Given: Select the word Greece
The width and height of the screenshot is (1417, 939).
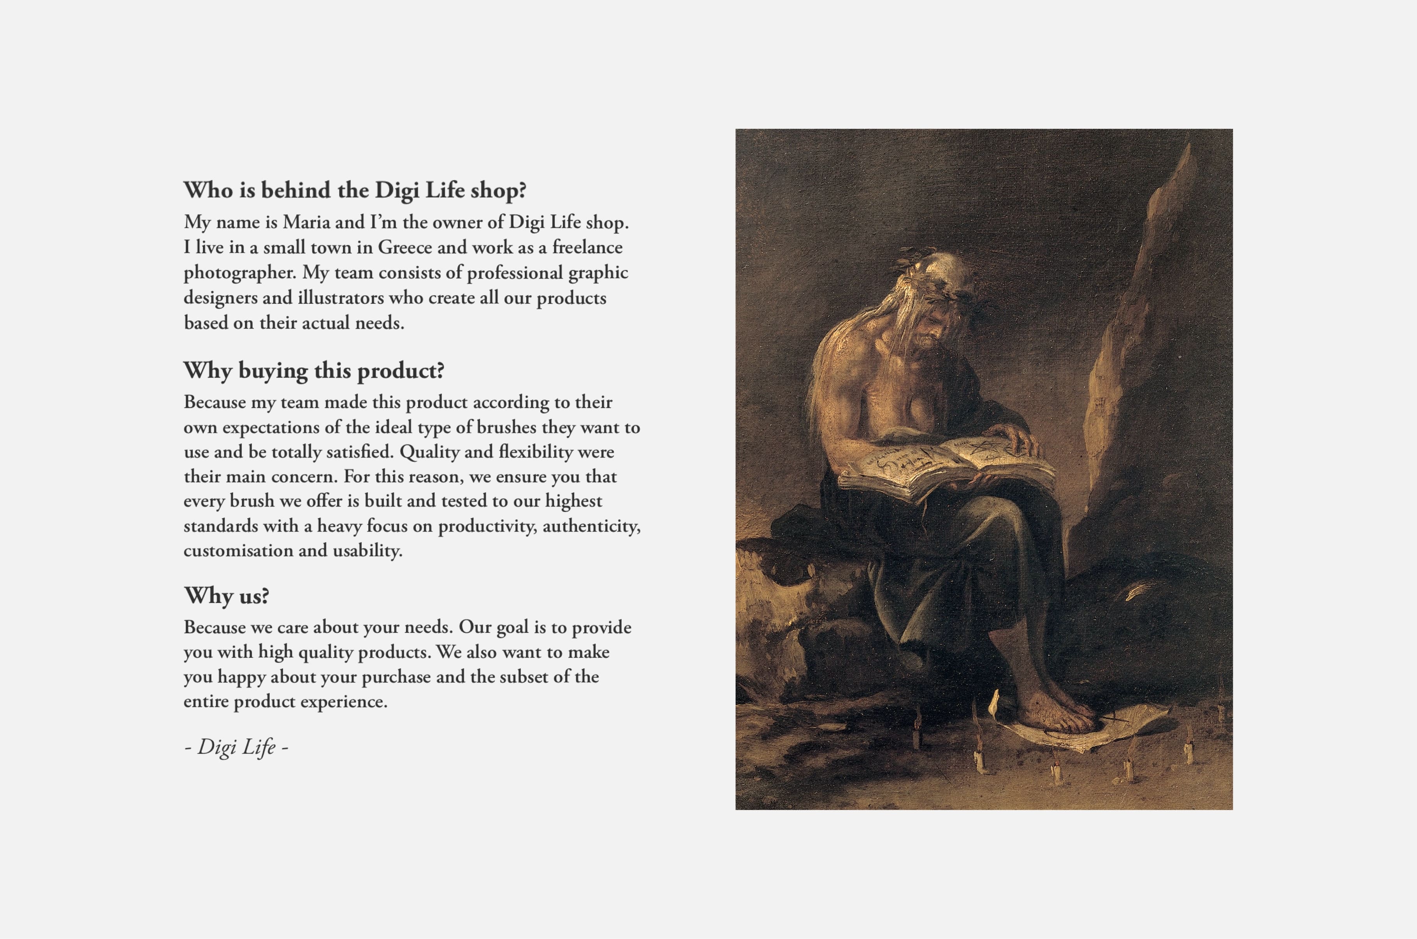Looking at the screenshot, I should (x=404, y=247).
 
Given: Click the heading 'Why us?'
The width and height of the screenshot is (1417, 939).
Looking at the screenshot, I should (x=227, y=596).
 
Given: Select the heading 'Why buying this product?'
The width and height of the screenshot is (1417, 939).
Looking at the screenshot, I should (x=313, y=371).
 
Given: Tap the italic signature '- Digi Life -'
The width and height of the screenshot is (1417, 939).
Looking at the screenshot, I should (x=237, y=747).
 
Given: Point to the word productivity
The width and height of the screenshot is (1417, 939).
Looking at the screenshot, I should (x=487, y=526).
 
